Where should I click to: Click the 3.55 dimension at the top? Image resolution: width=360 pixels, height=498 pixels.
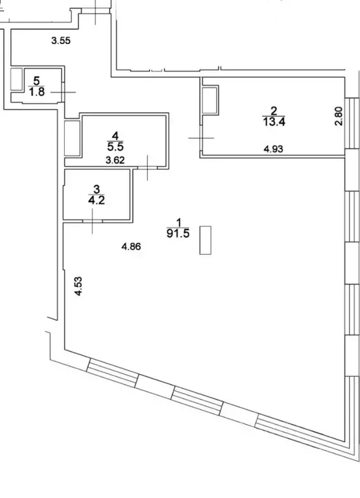point(61,41)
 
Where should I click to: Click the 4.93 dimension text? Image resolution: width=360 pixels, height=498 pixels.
point(274,148)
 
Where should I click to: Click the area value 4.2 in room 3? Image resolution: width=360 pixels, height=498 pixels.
point(95,200)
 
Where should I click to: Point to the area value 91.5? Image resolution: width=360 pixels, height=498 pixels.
point(178,234)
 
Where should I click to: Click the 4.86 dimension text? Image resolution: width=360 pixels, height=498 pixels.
point(132,246)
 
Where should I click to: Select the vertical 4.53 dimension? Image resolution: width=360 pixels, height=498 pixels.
point(78,286)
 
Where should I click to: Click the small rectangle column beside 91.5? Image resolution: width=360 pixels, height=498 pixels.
point(206,241)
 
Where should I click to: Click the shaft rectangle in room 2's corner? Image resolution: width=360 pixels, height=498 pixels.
point(211,101)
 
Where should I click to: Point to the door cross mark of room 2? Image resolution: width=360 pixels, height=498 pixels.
point(201,137)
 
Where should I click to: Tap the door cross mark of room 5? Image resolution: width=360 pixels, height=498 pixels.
point(63,93)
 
